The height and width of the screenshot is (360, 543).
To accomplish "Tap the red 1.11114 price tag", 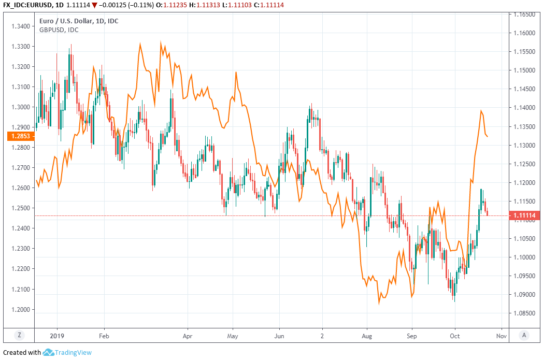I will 524,215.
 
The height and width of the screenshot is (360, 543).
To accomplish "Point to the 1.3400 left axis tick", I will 21,26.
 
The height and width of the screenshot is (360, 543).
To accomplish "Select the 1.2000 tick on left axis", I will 21,310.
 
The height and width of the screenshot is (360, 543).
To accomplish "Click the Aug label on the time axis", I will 367,335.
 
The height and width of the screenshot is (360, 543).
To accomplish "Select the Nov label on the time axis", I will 501,335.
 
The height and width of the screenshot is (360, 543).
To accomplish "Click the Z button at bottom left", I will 19,335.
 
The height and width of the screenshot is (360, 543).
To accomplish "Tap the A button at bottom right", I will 524,335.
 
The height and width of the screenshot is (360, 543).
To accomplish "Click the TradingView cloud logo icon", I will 48,352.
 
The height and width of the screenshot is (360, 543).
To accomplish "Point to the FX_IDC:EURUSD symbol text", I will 27,5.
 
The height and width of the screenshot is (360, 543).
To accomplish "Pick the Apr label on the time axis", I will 188,335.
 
